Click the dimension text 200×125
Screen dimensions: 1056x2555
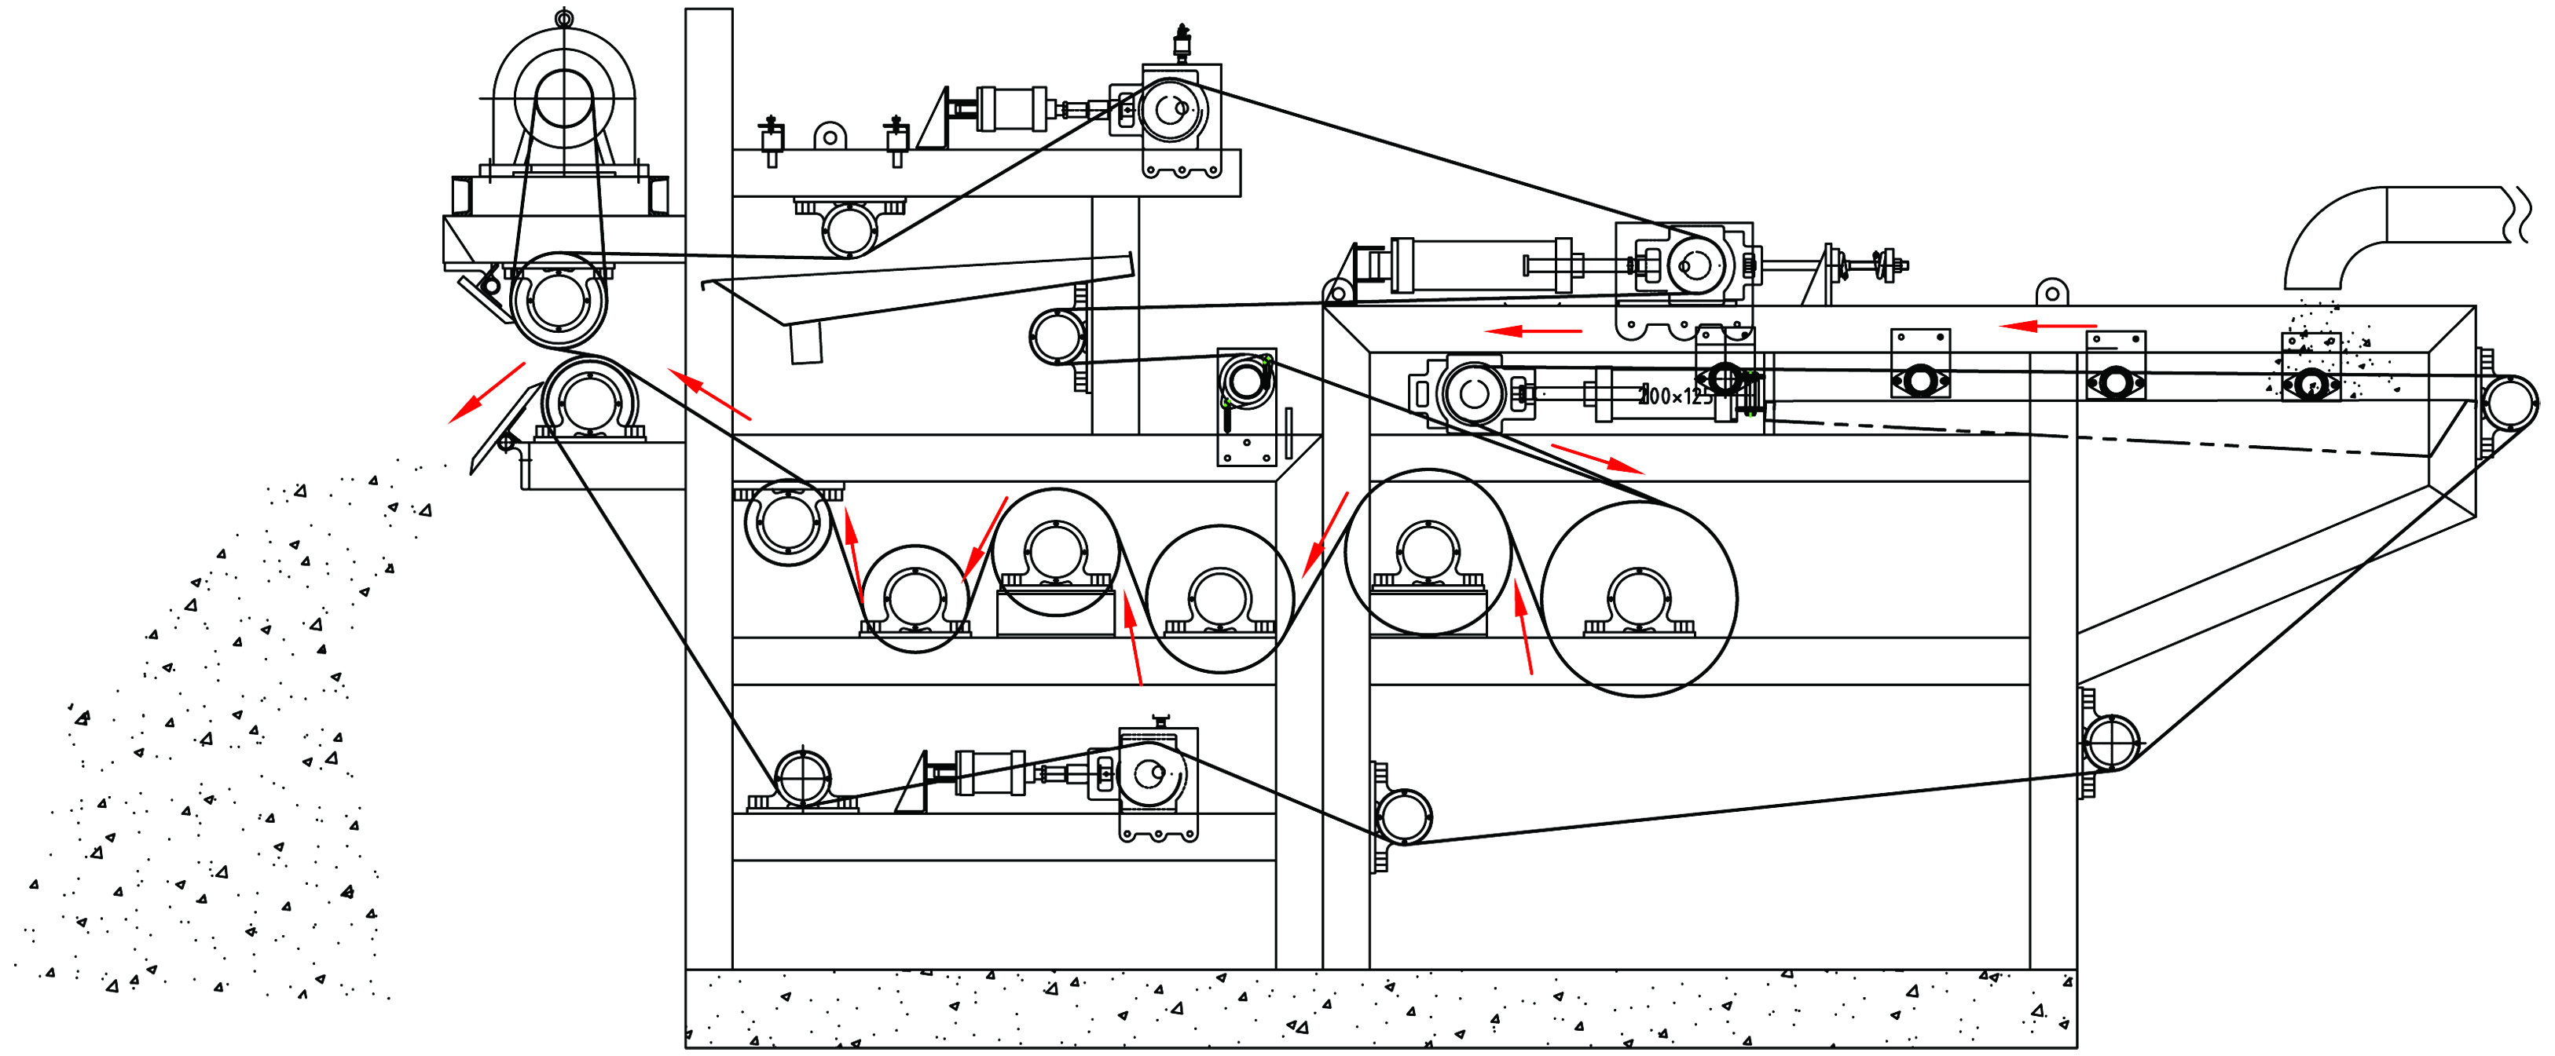click(1675, 396)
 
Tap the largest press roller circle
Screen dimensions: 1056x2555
click(1639, 598)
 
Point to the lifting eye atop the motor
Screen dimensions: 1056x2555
click(563, 18)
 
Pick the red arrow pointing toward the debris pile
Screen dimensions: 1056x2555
click(486, 393)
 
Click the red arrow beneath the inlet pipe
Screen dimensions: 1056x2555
click(2047, 325)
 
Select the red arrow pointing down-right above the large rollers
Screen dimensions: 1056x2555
click(1596, 458)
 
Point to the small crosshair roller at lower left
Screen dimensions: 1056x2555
click(801, 778)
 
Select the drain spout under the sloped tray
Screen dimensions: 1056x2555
click(805, 343)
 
